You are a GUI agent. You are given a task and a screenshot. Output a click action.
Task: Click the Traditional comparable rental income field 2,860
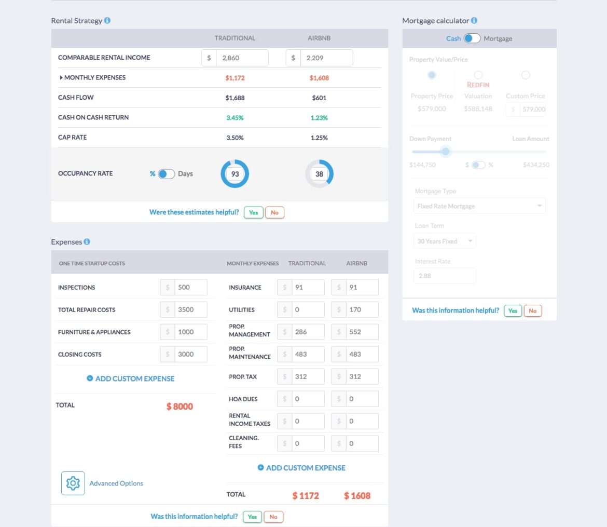(241, 58)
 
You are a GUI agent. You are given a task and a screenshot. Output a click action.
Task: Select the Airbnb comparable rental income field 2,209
(326, 58)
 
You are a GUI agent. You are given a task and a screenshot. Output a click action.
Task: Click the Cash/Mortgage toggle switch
(472, 38)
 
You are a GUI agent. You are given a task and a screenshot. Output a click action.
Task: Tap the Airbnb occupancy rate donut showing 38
(319, 174)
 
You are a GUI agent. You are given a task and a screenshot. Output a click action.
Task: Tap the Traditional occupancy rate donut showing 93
(235, 174)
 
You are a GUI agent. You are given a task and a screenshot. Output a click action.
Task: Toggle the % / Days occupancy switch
(167, 174)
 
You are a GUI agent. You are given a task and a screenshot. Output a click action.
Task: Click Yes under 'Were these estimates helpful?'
(253, 212)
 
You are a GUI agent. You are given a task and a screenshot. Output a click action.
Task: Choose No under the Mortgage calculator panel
(533, 310)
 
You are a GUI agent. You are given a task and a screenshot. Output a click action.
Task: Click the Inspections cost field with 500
(190, 287)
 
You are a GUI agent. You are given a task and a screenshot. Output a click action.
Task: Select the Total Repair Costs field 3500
(190, 309)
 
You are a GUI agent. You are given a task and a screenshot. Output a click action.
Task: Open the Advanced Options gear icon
(73, 483)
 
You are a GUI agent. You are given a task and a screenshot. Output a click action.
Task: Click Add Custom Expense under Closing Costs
(131, 379)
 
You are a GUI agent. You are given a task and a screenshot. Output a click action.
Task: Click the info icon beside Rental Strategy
(107, 21)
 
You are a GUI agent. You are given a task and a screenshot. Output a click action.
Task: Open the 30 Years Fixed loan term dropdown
(445, 241)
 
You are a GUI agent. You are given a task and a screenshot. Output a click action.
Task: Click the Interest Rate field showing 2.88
(445, 276)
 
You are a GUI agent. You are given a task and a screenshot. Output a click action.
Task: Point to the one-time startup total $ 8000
(180, 407)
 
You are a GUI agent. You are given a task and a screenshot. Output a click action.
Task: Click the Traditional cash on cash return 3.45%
(234, 118)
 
